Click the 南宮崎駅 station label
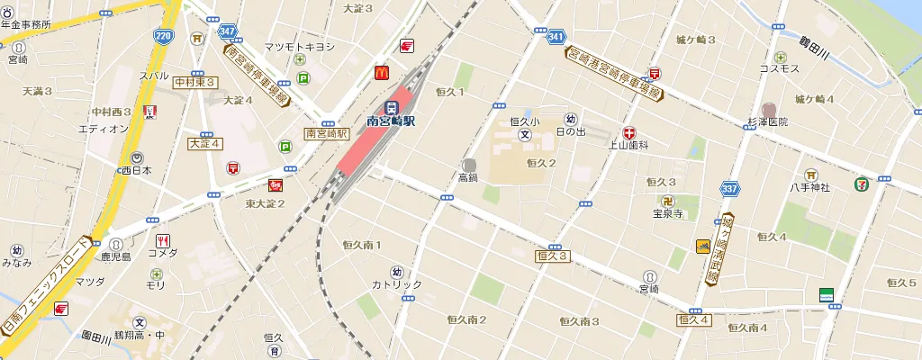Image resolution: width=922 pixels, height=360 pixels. (x=391, y=120)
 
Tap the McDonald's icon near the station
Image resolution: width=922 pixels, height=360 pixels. (x=381, y=72)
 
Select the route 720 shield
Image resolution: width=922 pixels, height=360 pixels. (x=163, y=37)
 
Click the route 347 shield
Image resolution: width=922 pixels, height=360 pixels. (x=227, y=31)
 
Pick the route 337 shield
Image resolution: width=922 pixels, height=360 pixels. (x=730, y=189)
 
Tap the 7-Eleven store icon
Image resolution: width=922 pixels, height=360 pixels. (x=863, y=183)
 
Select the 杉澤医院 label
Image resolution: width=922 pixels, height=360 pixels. (x=767, y=121)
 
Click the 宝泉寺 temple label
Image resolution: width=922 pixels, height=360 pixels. (x=669, y=214)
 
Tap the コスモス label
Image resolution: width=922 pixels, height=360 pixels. (x=779, y=68)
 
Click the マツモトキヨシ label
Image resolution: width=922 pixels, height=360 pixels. (x=299, y=47)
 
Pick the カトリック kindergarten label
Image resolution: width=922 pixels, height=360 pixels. (x=396, y=285)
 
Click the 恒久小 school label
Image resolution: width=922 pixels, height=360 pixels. (x=524, y=121)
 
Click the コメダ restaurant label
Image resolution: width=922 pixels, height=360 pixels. (x=163, y=253)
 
